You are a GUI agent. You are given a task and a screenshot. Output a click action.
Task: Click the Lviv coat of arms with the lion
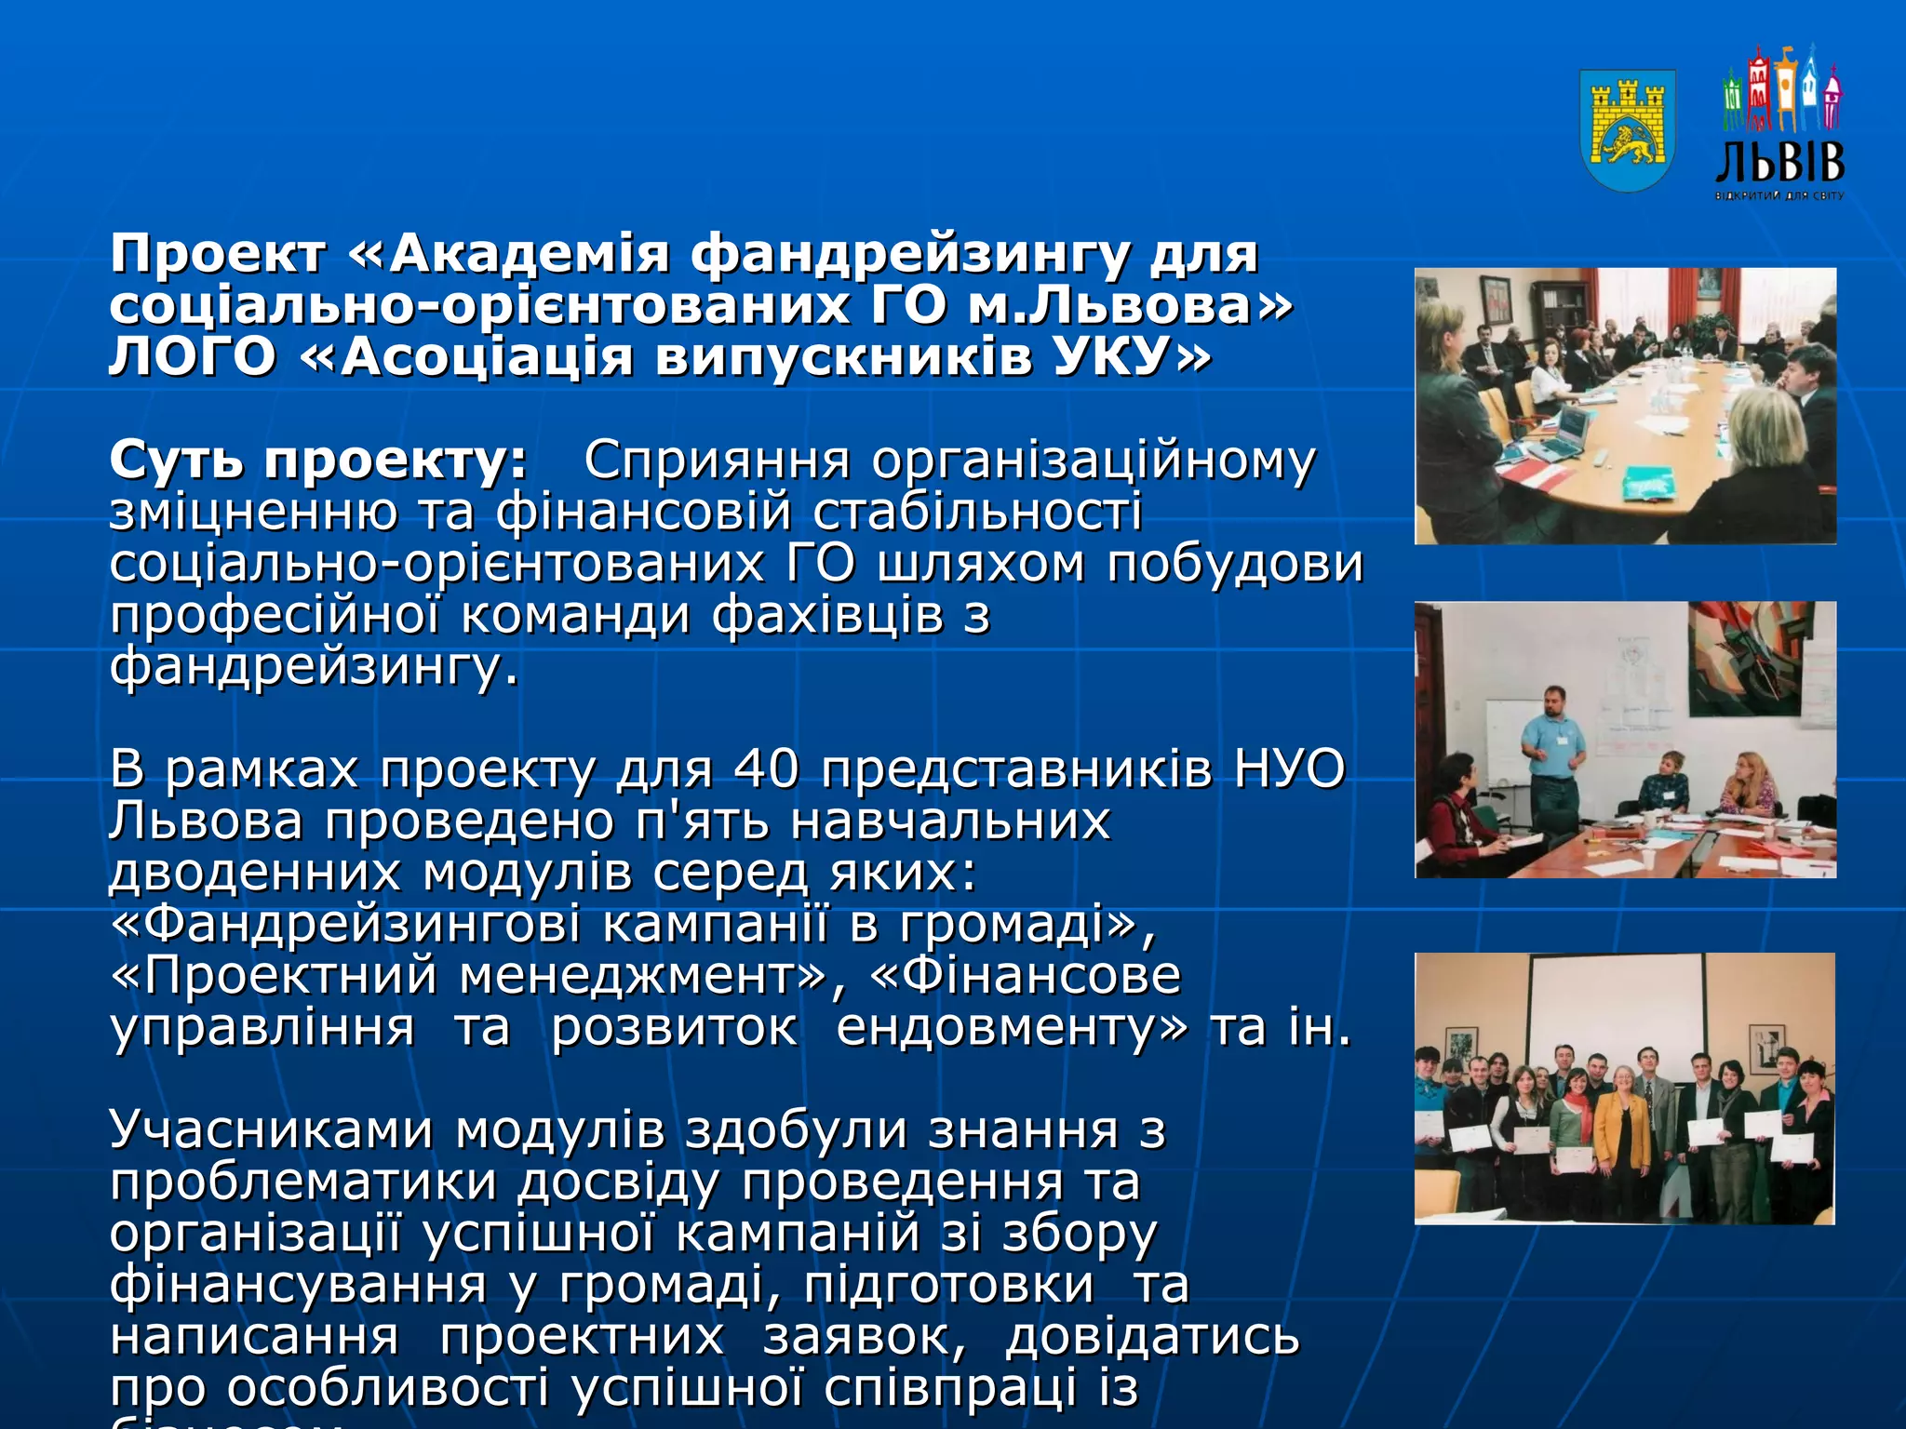coord(1628,130)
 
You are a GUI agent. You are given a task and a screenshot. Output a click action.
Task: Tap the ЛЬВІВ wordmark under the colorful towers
coord(1779,162)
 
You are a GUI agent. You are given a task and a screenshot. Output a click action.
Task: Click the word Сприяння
coord(717,461)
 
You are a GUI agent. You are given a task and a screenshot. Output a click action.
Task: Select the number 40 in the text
coord(766,769)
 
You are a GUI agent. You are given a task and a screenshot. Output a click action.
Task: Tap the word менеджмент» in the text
coord(642,976)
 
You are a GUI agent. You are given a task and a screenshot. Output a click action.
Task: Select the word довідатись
coord(1152,1337)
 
